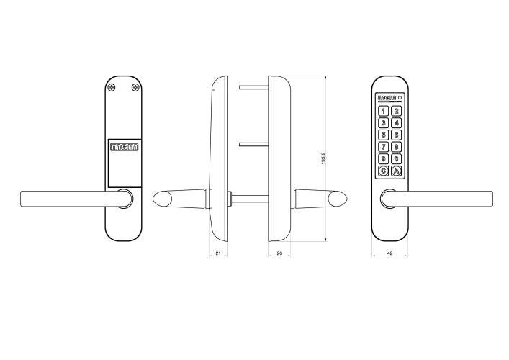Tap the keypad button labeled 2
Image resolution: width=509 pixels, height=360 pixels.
tap(396, 111)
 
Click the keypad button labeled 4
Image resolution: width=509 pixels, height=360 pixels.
tap(396, 123)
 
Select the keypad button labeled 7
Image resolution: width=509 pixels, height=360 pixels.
tap(384, 147)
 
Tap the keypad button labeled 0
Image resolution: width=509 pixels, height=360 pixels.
tap(396, 158)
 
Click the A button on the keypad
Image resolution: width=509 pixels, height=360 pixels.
tap(396, 171)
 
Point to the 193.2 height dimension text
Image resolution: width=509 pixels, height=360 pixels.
tap(323, 158)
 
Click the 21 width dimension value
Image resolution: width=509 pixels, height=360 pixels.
tap(218, 253)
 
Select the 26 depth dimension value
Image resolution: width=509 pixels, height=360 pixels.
tap(279, 253)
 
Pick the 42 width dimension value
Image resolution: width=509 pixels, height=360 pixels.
tap(390, 253)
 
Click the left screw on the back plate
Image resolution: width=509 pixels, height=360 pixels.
tap(112, 87)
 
